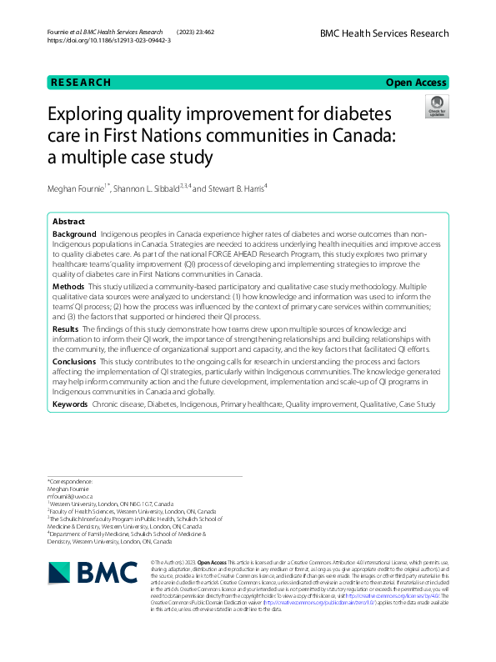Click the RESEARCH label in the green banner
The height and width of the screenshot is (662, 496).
[x=81, y=83]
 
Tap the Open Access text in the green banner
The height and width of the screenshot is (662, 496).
[x=415, y=83]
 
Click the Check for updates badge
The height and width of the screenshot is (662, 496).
[x=436, y=107]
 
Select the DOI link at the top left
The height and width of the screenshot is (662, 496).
[x=110, y=40]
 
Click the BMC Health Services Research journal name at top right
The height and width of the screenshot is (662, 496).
[x=384, y=33]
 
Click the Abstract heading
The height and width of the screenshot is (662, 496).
[x=68, y=223]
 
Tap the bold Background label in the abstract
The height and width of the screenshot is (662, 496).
[x=73, y=237]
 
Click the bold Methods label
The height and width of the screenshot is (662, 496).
[x=68, y=286]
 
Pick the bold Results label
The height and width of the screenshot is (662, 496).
[x=66, y=329]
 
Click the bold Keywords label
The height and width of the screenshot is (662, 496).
[x=70, y=404]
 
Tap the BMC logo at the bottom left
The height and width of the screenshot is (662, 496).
[x=84, y=574]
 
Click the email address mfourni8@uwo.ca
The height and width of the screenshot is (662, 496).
[x=70, y=498]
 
